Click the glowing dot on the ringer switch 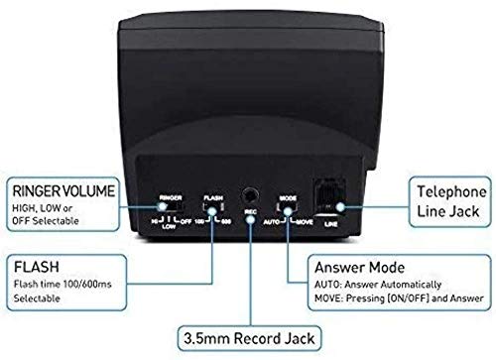(x=162, y=206)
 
